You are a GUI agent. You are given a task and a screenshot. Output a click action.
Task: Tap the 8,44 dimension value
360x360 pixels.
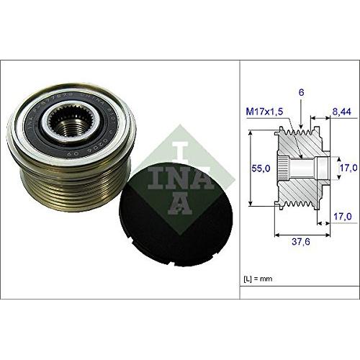[x=342, y=113]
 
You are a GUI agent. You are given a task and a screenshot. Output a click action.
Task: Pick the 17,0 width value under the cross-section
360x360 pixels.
[x=343, y=215]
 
